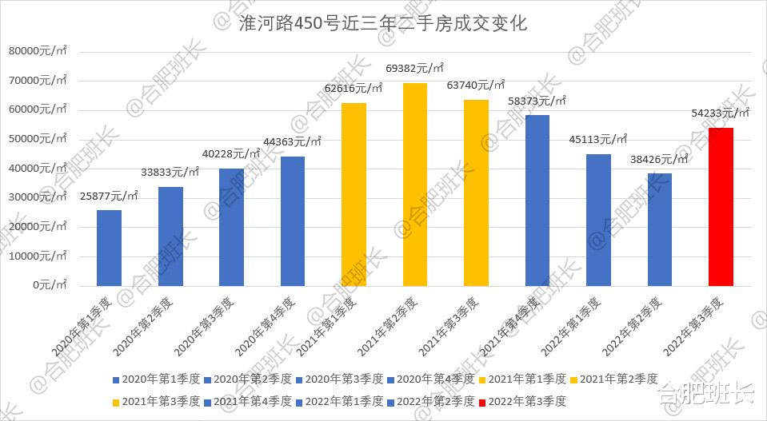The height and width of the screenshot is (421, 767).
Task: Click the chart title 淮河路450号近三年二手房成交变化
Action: click(383, 23)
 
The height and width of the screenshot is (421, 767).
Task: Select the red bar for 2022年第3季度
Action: click(721, 206)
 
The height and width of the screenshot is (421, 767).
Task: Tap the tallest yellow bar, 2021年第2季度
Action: click(414, 184)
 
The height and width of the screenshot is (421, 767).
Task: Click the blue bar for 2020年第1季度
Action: click(109, 248)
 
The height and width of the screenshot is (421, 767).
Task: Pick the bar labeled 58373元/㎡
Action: click(537, 200)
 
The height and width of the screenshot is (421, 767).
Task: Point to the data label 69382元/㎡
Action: click(414, 69)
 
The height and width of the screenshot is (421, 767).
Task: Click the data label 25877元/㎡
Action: click(109, 196)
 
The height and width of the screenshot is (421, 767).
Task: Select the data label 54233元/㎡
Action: click(720, 113)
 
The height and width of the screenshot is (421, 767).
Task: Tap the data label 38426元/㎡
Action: click(659, 159)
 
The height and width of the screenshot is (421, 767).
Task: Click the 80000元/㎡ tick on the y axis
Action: click(40, 51)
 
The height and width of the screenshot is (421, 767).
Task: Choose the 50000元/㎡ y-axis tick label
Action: click(40, 139)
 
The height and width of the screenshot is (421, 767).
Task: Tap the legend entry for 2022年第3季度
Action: click(527, 400)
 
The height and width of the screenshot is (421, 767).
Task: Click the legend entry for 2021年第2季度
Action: click(619, 379)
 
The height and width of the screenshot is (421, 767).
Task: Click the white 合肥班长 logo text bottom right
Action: click(705, 394)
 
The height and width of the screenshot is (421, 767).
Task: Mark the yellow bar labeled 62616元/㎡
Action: click(354, 194)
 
